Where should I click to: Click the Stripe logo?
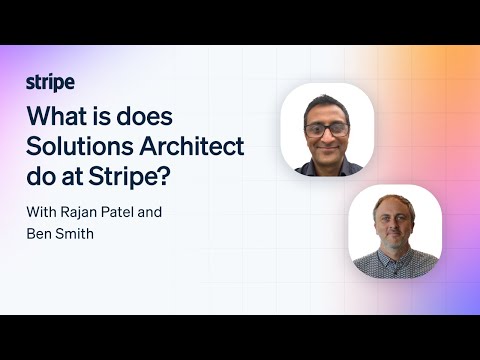pyautogui.click(x=50, y=82)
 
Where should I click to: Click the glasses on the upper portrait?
pyautogui.click(x=328, y=130)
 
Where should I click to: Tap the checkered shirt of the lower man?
pyautogui.click(x=394, y=265)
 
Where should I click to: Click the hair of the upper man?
pyautogui.click(x=328, y=103)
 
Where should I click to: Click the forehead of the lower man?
pyautogui.click(x=393, y=208)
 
